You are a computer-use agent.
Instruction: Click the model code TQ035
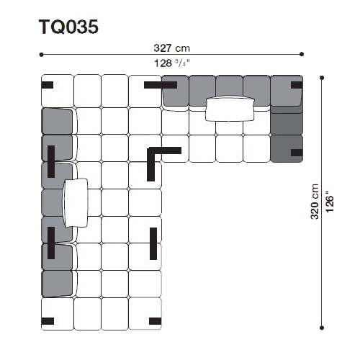68,27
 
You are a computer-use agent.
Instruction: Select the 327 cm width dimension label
171,48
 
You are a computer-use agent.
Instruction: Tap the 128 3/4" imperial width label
171,63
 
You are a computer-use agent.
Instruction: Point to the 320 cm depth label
315,202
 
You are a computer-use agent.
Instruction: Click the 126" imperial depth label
330,202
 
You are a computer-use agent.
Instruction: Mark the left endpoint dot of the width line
41,55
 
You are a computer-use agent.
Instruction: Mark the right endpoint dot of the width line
302,54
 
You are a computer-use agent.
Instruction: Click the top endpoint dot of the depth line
322,78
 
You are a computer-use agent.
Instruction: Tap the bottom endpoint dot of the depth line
322,328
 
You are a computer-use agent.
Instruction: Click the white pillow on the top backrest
230,109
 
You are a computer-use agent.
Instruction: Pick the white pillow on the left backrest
76,203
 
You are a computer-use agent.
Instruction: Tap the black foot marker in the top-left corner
48,85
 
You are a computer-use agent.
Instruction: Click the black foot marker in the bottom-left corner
48,321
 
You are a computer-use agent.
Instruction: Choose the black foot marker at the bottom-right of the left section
155,321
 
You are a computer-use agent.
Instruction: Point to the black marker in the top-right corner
297,85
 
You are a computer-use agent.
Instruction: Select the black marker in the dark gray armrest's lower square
297,153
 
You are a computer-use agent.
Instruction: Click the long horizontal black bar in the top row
161,85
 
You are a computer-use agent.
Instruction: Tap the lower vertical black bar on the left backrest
51,243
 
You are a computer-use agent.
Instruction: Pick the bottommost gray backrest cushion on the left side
57,284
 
